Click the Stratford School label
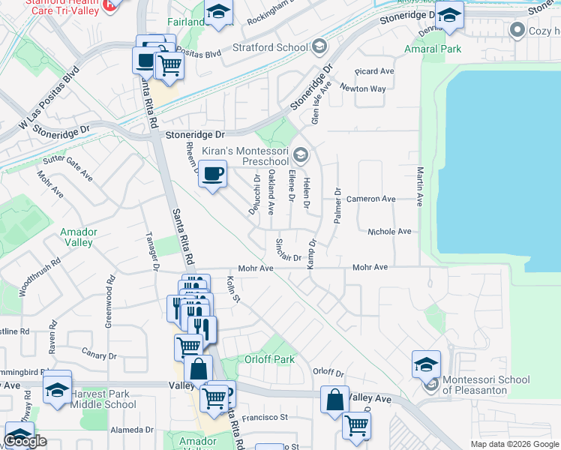270,47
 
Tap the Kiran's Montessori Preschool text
246,156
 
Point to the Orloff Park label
269,359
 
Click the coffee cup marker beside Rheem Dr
213,174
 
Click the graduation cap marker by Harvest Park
57,389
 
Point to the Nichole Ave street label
389,232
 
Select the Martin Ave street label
421,187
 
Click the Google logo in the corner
25,441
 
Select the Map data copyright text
514,444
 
